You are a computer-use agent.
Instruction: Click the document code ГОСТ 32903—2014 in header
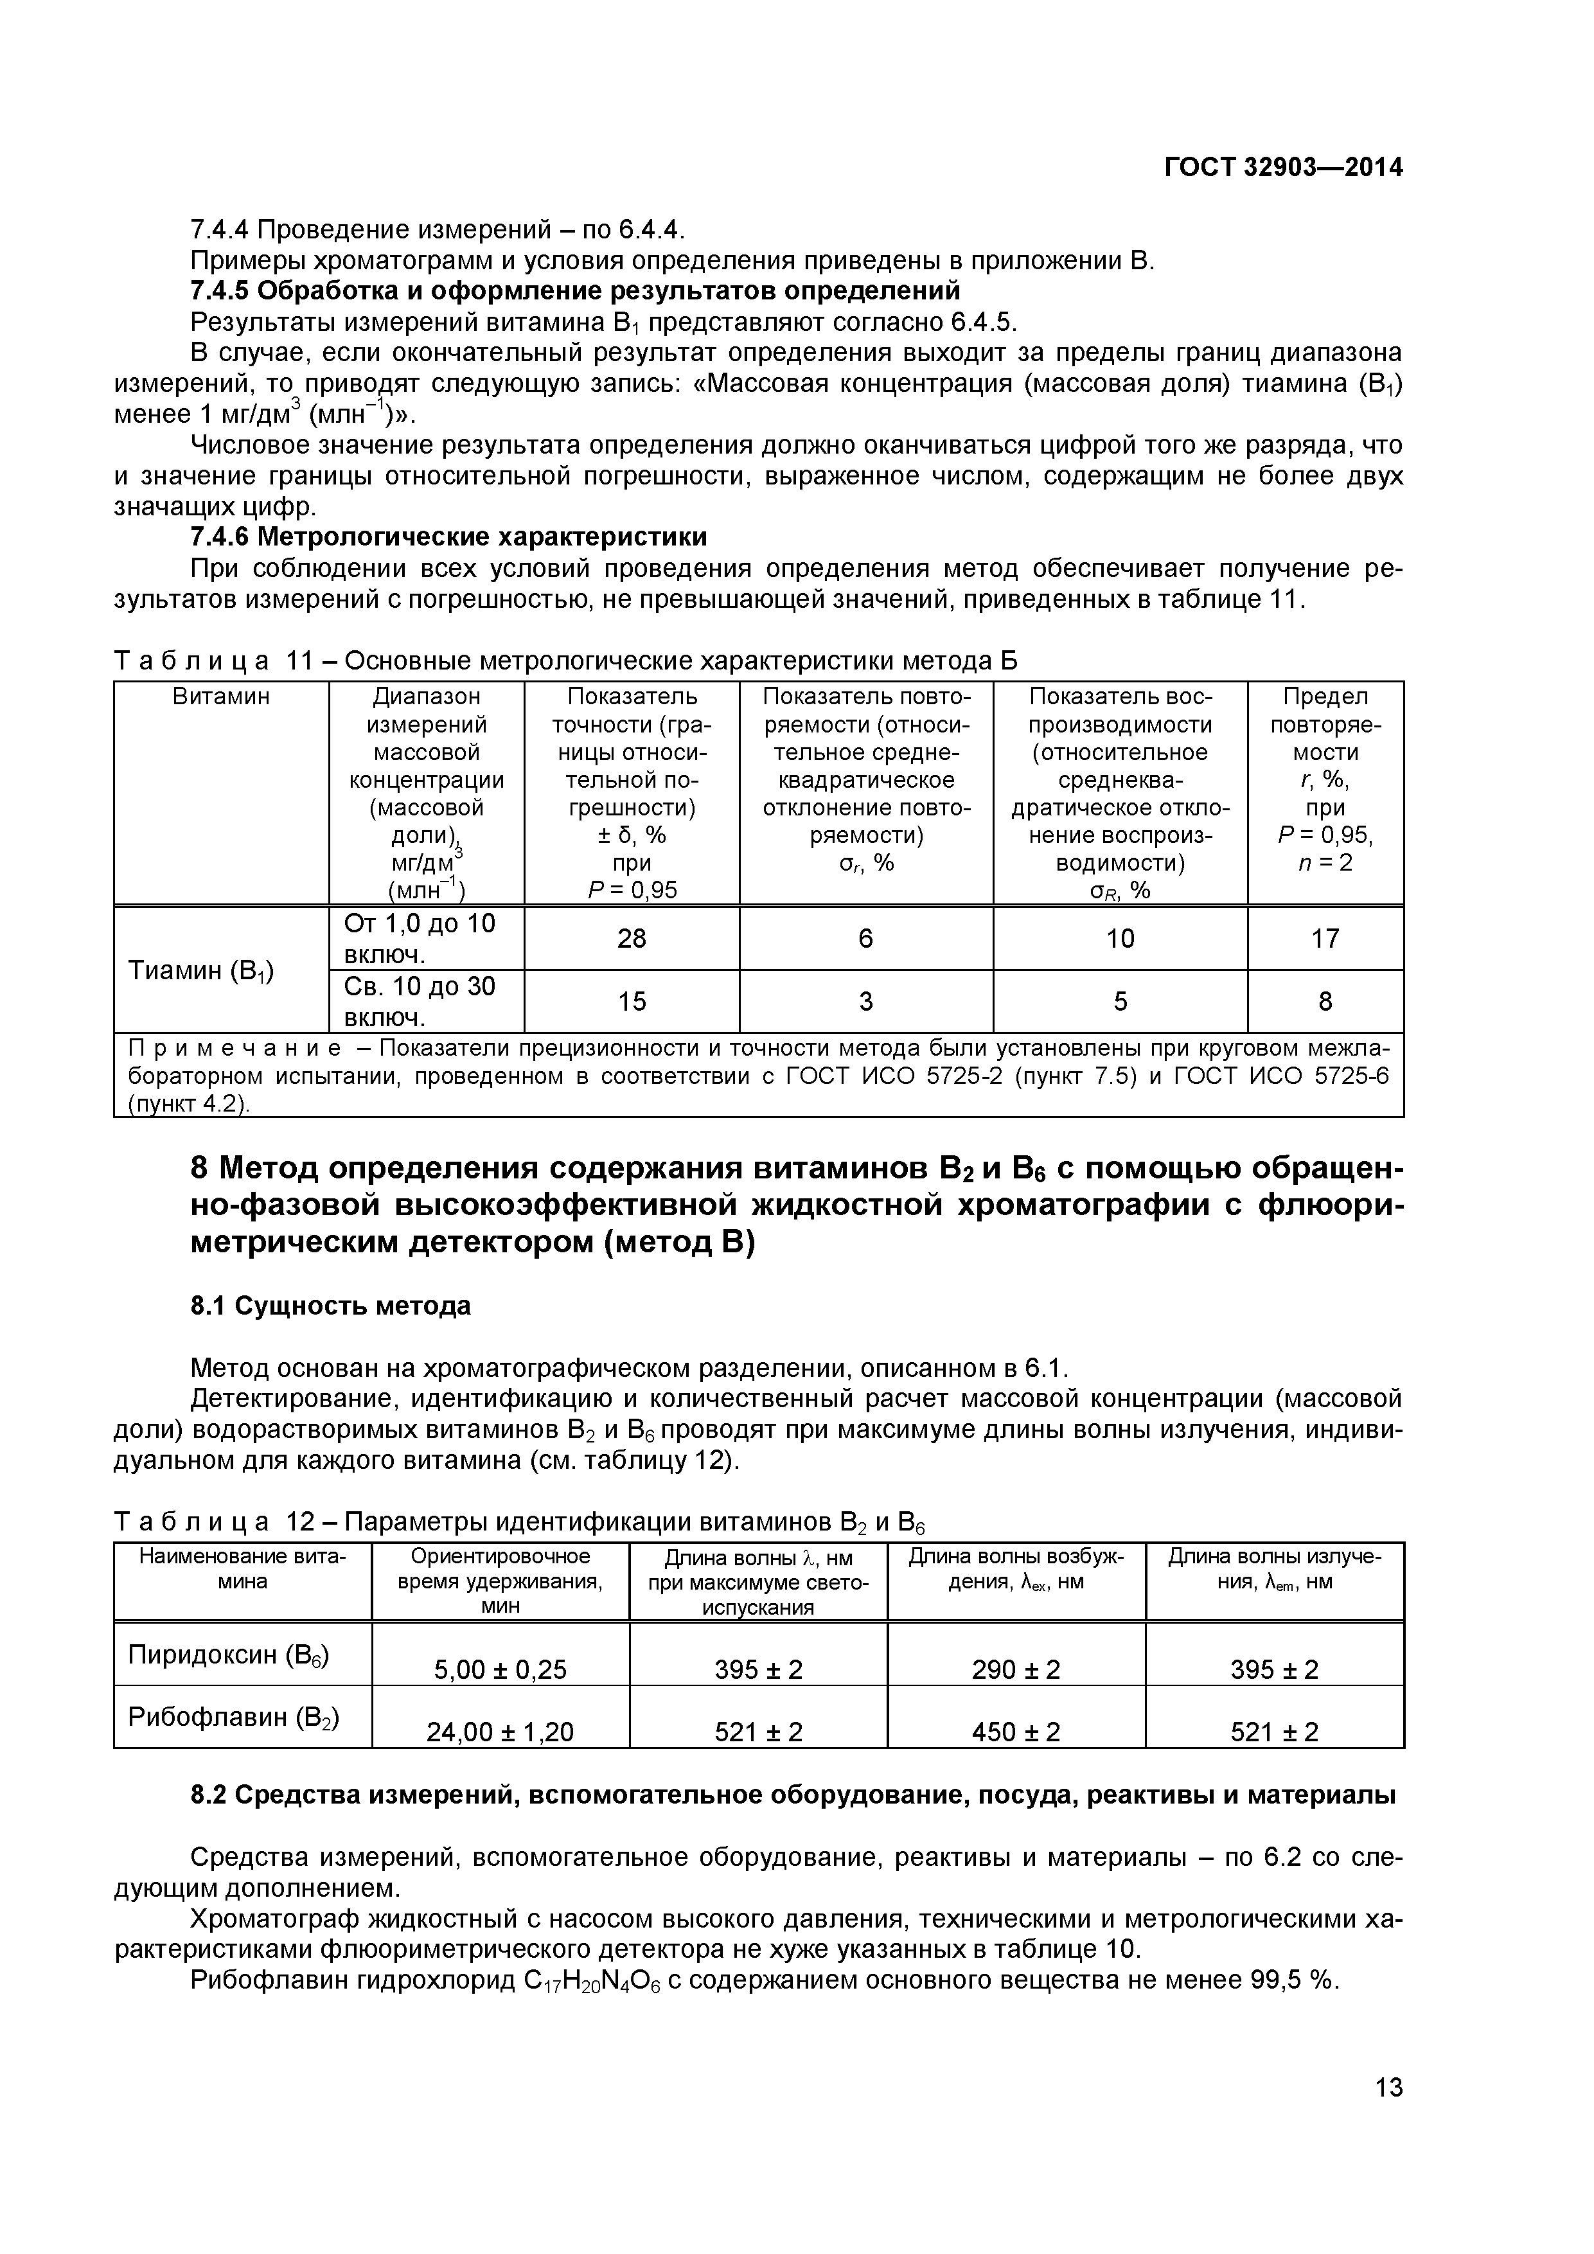click(1284, 168)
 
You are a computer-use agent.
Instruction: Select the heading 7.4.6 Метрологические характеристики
click(448, 537)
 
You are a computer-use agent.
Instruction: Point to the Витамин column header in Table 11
click(221, 697)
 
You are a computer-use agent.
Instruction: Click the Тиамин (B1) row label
click(201, 970)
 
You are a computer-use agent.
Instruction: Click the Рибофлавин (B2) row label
click(234, 1717)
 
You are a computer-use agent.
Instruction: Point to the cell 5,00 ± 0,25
click(500, 1670)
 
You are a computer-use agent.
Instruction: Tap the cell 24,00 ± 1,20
click(500, 1732)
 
